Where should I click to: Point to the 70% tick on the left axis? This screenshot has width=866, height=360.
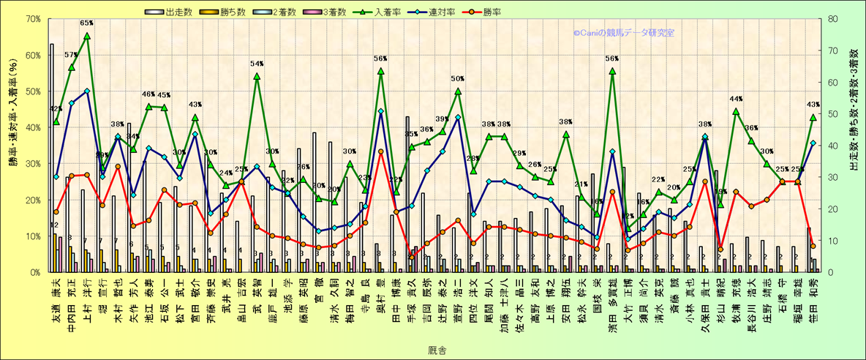(x=32, y=19)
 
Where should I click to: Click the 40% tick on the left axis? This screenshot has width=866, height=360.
(x=32, y=127)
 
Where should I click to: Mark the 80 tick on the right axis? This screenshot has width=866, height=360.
(x=830, y=19)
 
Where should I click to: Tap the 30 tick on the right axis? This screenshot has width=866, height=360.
(x=830, y=177)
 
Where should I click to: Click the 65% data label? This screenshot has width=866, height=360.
(x=86, y=23)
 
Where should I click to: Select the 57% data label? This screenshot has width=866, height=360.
(x=71, y=55)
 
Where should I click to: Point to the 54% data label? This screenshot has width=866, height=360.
(x=257, y=64)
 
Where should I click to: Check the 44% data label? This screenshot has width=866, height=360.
(x=736, y=99)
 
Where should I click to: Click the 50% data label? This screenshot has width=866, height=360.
(x=458, y=79)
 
